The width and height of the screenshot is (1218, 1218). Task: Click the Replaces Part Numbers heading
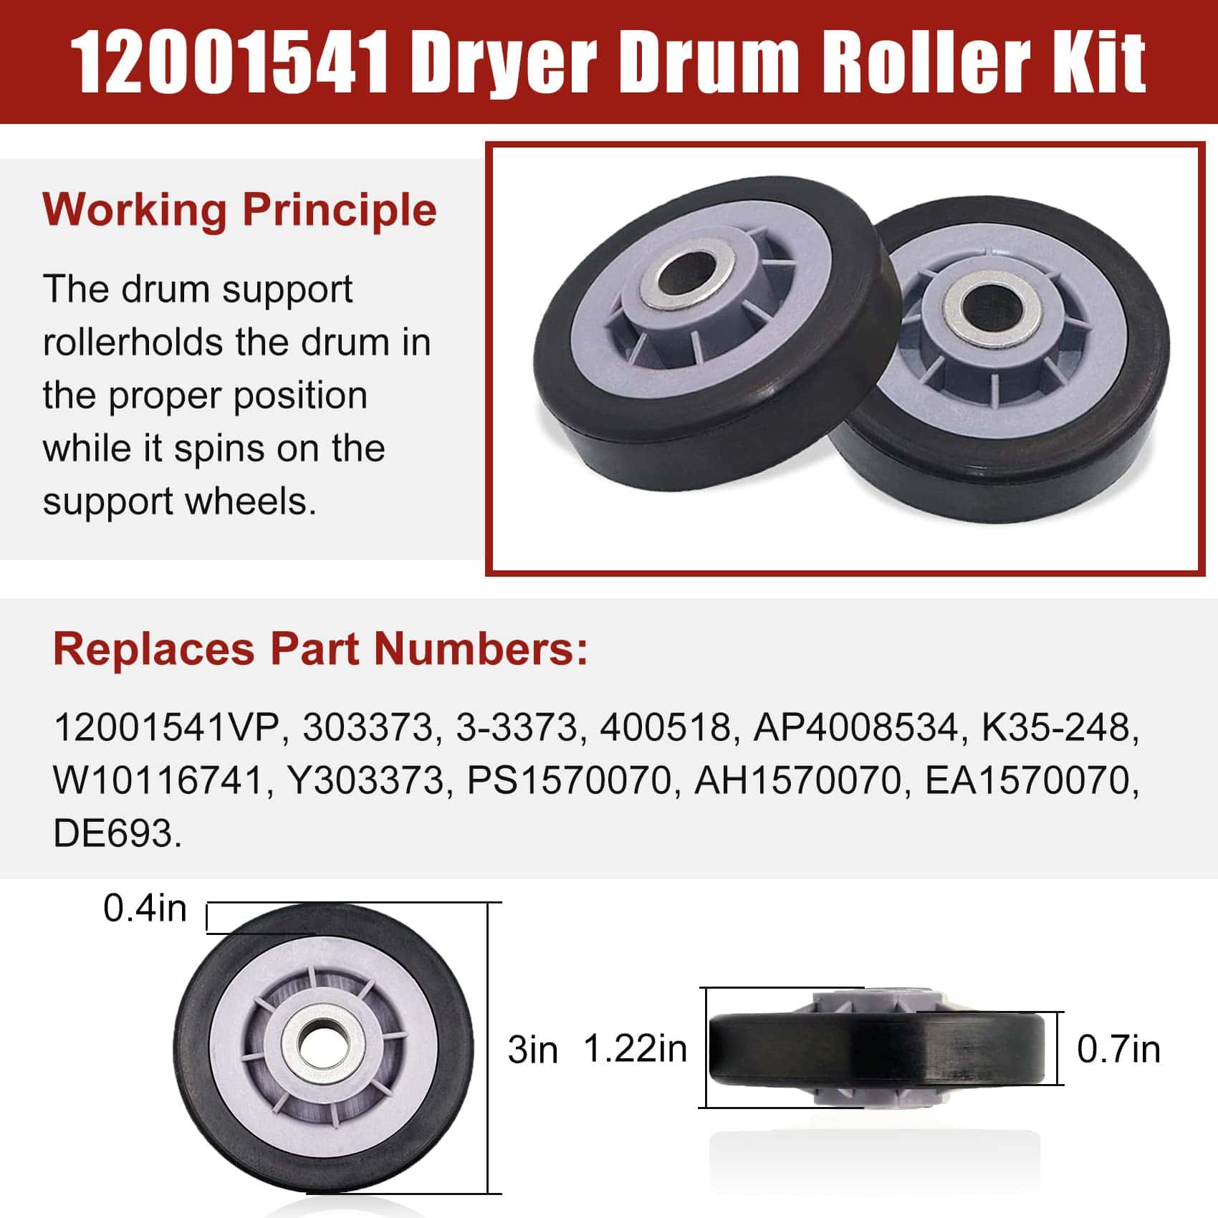[320, 649]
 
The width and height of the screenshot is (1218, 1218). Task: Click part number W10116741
[159, 781]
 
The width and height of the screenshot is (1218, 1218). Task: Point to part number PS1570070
[570, 781]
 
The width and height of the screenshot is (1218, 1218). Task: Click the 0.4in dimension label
[145, 908]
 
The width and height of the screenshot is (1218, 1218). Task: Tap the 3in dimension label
[532, 1050]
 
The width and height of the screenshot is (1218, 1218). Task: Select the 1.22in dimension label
[636, 1049]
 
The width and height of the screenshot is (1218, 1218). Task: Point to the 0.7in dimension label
[1118, 1050]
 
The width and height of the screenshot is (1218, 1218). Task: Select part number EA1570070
[1032, 781]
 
